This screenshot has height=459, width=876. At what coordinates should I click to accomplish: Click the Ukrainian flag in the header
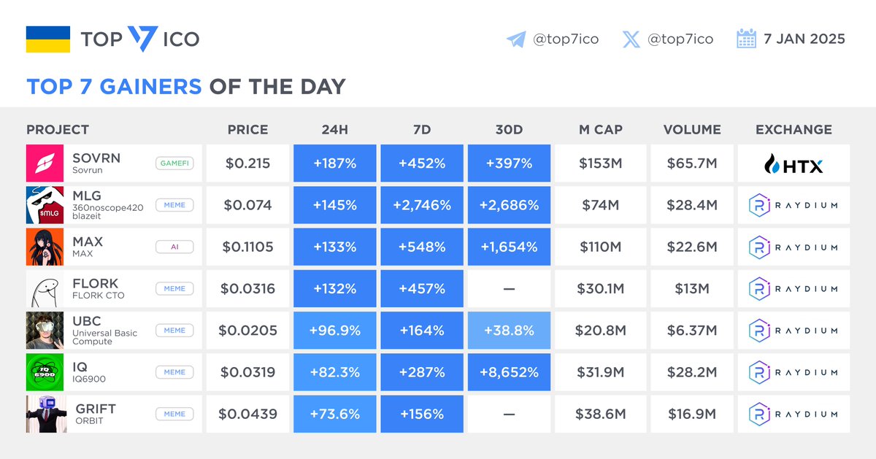click(x=48, y=39)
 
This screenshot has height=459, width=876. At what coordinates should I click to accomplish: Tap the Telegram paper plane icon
click(x=516, y=39)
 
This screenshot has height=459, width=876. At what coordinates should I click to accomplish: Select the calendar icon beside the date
click(x=746, y=39)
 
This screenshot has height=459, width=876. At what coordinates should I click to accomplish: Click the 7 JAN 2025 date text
click(x=804, y=39)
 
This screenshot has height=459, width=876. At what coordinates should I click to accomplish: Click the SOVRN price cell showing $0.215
click(x=248, y=163)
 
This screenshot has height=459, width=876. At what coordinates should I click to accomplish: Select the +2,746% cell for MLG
click(x=422, y=205)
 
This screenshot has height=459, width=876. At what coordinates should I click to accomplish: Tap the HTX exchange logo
click(x=794, y=164)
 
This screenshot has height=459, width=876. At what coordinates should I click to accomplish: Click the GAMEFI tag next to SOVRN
click(x=174, y=163)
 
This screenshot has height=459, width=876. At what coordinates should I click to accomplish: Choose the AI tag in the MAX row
click(x=174, y=247)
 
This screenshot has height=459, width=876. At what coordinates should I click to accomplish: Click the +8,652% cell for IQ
click(x=509, y=372)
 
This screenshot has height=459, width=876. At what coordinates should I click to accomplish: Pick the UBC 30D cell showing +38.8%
click(x=509, y=331)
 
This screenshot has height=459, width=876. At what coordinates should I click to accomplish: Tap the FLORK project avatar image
click(x=46, y=289)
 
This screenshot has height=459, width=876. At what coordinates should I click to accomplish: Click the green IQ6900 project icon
click(x=46, y=372)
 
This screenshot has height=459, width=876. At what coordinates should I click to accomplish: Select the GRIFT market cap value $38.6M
click(x=600, y=414)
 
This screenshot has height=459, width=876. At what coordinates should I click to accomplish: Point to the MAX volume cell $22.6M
click(x=691, y=247)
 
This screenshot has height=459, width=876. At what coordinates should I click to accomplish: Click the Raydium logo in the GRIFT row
click(x=794, y=414)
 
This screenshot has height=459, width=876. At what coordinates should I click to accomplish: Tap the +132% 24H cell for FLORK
click(x=335, y=289)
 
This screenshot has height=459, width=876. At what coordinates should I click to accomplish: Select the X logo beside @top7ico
click(x=631, y=39)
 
